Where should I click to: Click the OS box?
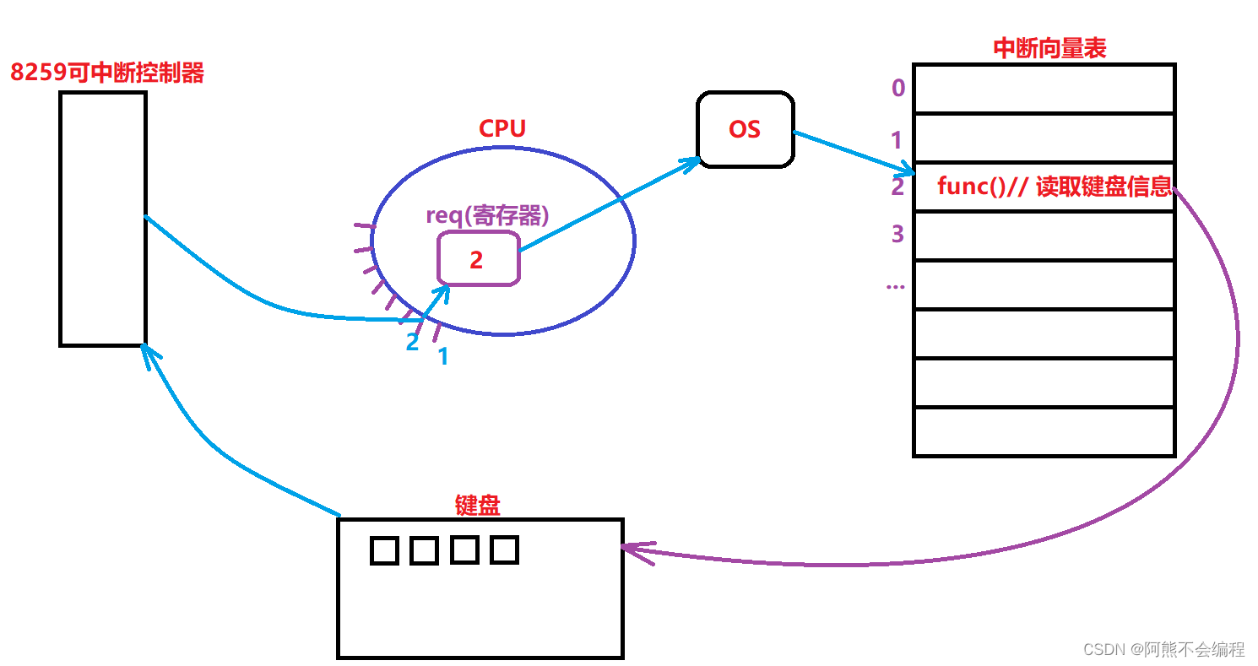coord(745,129)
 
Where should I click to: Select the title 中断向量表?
coord(1049,48)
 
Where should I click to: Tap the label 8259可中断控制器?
coord(107,73)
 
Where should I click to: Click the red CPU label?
coord(502,128)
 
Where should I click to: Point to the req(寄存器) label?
coord(487,214)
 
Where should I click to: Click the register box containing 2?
coord(478,259)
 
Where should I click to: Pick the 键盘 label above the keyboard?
coord(478,505)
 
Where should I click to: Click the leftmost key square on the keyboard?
coord(384,550)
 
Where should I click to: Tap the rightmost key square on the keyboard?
coord(504,550)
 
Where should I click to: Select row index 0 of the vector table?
coord(897,88)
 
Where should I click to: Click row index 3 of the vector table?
coord(897,234)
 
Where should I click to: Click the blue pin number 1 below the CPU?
coord(443,357)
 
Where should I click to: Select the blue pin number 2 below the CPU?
coord(412,343)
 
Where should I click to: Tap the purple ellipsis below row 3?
coord(895,284)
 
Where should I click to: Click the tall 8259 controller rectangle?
coord(103,219)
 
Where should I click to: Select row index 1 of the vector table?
coord(897,139)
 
